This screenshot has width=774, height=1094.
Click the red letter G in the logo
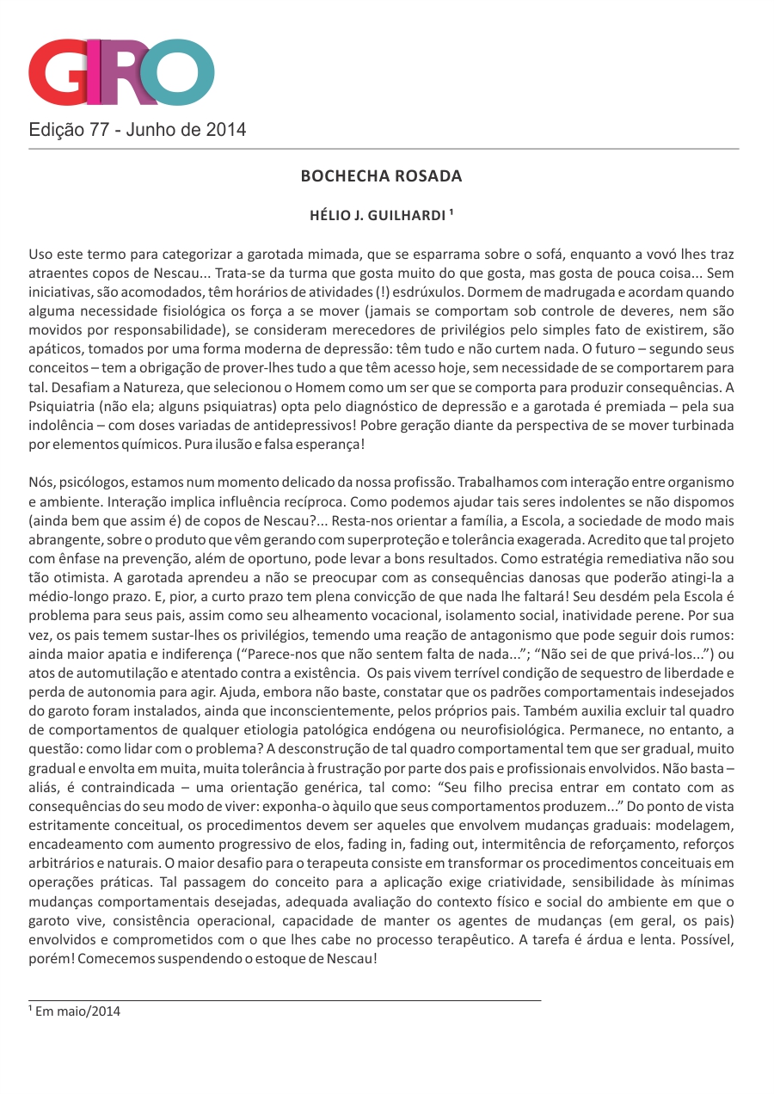point(62,72)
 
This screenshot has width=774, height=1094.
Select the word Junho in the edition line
point(152,130)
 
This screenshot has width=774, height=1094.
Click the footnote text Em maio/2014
point(77,1011)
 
